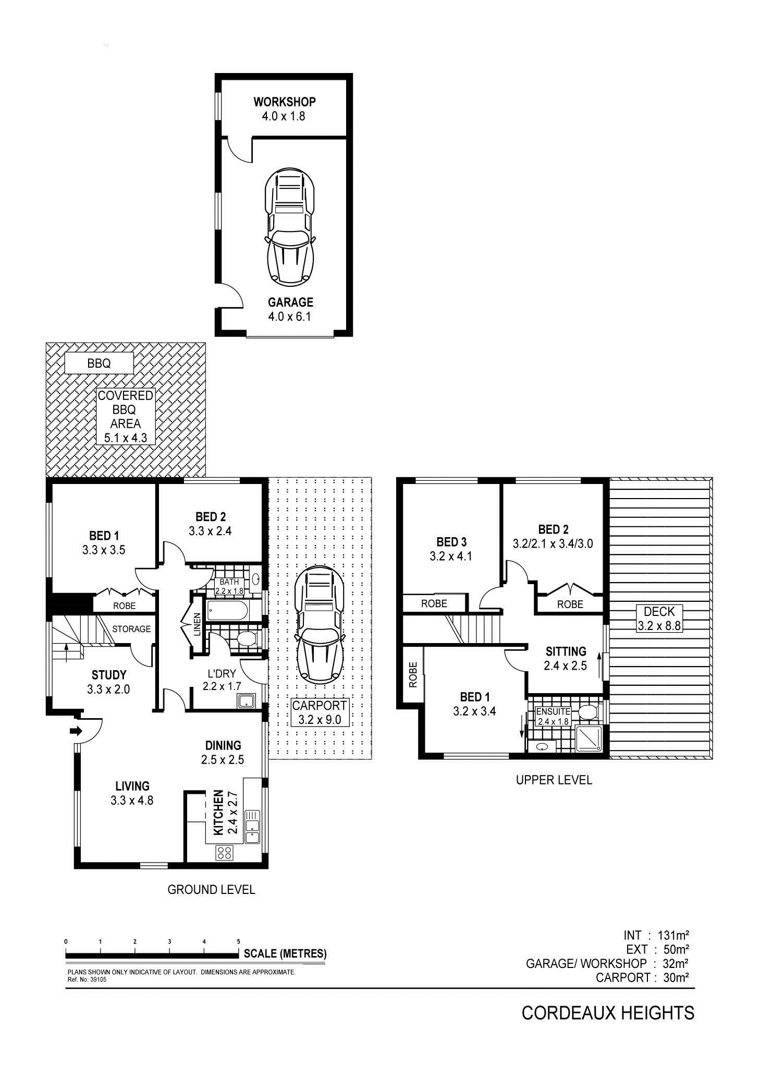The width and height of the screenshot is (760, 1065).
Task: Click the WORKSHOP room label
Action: (x=285, y=102)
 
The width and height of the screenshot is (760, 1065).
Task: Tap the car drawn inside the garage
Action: (x=290, y=227)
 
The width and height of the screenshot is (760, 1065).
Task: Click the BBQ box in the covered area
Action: (x=99, y=363)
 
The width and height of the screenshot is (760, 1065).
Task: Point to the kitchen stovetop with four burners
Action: (x=225, y=853)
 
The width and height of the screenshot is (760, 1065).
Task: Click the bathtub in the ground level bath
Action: (x=228, y=611)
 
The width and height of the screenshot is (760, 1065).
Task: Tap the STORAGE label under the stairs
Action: (x=131, y=629)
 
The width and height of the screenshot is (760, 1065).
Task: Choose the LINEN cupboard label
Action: (x=197, y=624)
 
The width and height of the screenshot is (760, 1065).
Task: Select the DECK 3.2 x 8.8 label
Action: (x=659, y=619)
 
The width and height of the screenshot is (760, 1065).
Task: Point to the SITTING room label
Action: (x=566, y=651)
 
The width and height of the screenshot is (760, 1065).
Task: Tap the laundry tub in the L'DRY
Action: (x=246, y=700)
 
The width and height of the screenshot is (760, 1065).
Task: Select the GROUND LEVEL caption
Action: (x=211, y=890)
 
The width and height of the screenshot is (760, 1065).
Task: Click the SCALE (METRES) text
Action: (x=285, y=954)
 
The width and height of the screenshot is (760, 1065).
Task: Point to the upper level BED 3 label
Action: (x=451, y=542)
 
